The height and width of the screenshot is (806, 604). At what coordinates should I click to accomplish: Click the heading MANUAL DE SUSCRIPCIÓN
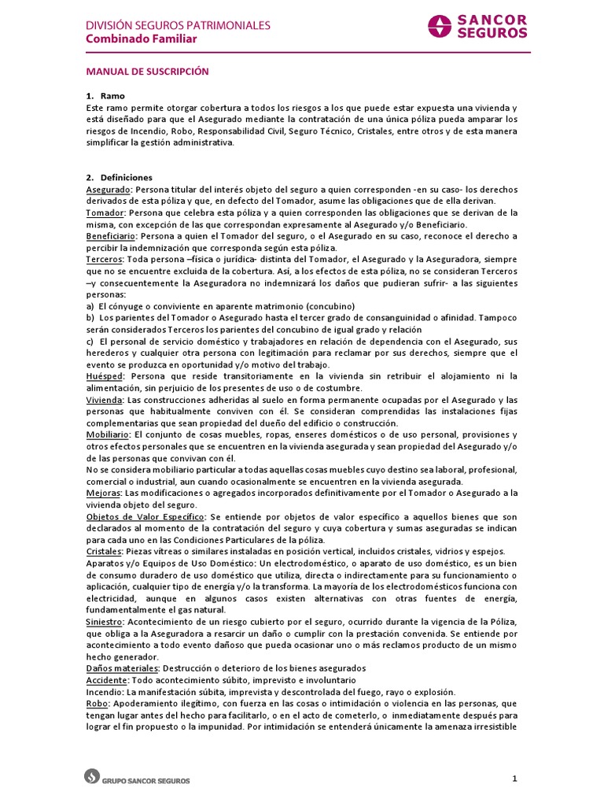tap(147, 72)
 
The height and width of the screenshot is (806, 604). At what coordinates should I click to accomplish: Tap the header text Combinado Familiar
tap(142, 39)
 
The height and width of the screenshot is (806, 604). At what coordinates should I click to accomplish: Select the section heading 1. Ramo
tap(105, 95)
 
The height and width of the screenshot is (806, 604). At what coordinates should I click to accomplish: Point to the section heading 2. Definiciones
tap(119, 178)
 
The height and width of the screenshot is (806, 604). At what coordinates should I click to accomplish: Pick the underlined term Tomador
tap(105, 213)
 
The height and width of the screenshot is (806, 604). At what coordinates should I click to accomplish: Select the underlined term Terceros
tap(104, 259)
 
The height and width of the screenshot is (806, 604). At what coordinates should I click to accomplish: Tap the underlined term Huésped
tap(104, 376)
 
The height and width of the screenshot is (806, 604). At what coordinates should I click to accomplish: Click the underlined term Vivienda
tap(103, 400)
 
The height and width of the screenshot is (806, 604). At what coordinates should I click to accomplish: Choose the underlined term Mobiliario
tap(107, 434)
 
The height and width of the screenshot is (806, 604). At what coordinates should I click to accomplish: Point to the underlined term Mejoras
tap(102, 493)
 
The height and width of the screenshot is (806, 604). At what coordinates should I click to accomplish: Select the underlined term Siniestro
tap(105, 621)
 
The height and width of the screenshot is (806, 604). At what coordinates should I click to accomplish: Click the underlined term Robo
tap(97, 703)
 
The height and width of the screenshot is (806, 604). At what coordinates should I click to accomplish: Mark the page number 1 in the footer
tap(514, 779)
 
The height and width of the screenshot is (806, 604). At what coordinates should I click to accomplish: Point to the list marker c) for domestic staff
tap(90, 342)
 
